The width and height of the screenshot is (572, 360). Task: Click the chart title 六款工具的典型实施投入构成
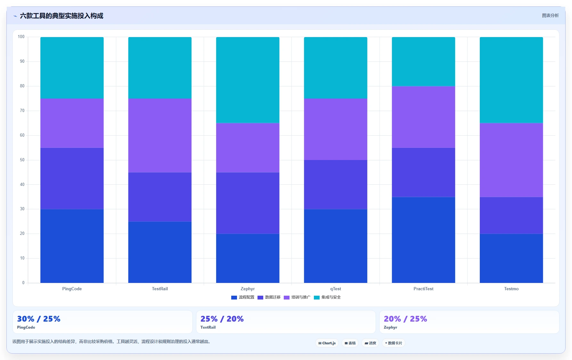[61, 16]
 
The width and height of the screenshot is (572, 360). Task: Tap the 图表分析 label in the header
[550, 15]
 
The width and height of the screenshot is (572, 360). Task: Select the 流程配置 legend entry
[243, 297]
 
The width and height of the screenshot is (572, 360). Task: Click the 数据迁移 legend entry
[269, 297]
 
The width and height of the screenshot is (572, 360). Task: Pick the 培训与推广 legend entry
[297, 297]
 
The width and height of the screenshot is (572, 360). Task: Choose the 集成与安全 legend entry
[327, 297]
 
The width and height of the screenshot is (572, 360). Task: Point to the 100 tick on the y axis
[21, 37]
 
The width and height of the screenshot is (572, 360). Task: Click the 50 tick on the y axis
[22, 160]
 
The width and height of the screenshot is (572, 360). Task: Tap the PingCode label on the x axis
[72, 289]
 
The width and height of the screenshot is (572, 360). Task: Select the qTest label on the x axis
[336, 289]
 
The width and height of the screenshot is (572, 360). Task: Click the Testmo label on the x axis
[511, 289]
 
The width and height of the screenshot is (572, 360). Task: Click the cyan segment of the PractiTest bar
[423, 61]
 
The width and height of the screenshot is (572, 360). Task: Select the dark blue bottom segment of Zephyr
[248, 258]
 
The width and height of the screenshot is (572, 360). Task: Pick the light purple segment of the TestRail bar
[160, 135]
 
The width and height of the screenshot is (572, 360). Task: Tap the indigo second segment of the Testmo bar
[511, 215]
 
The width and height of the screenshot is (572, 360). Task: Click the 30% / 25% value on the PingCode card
[39, 319]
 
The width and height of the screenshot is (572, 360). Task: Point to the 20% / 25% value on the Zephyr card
[405, 319]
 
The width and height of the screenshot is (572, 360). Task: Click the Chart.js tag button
[327, 343]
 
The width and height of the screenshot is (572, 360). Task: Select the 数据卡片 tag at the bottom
[394, 343]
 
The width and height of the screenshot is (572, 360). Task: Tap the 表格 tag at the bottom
[350, 343]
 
